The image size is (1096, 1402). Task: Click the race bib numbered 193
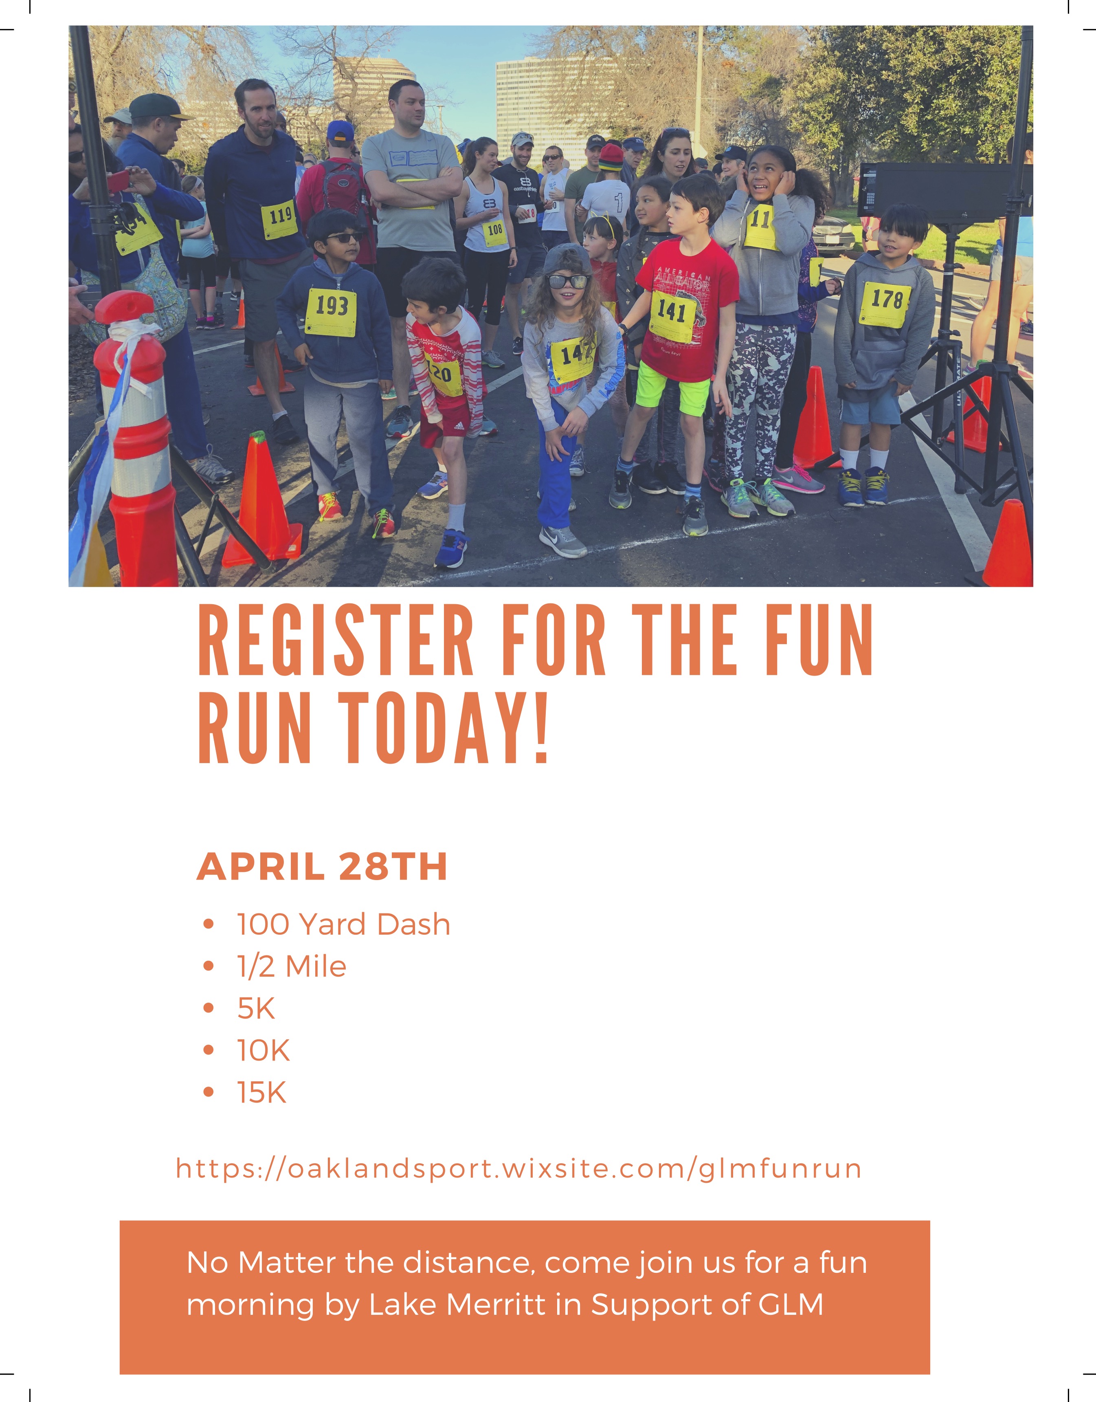pyautogui.click(x=331, y=312)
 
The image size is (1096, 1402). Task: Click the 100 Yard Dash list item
pyautogui.click(x=343, y=924)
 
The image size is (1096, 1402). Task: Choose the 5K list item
pyautogui.click(x=256, y=1008)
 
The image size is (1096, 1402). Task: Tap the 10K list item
pyautogui.click(x=263, y=1050)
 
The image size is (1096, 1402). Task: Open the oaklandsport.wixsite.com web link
pyautogui.click(x=518, y=1169)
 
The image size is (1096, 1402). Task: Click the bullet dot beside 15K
pyautogui.click(x=208, y=1093)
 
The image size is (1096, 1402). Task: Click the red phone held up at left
pyautogui.click(x=119, y=181)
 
